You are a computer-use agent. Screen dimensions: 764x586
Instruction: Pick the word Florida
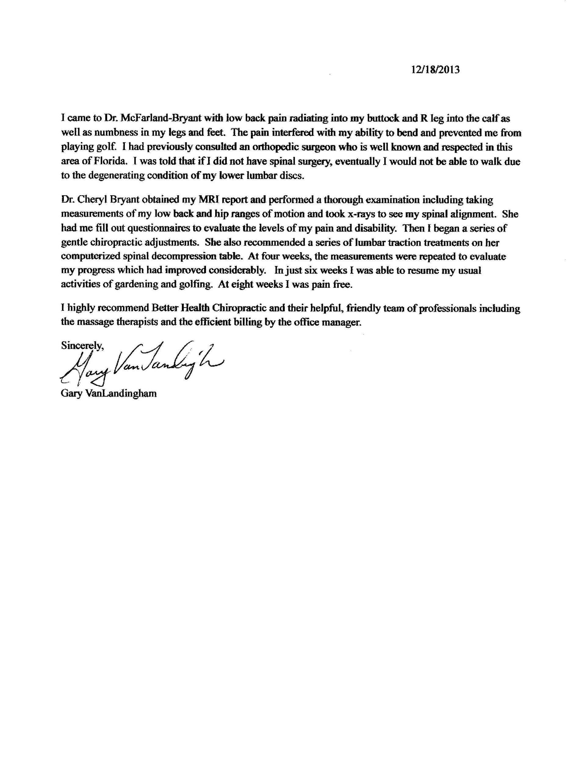click(108, 161)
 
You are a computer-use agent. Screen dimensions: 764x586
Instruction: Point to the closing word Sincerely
click(82, 345)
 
